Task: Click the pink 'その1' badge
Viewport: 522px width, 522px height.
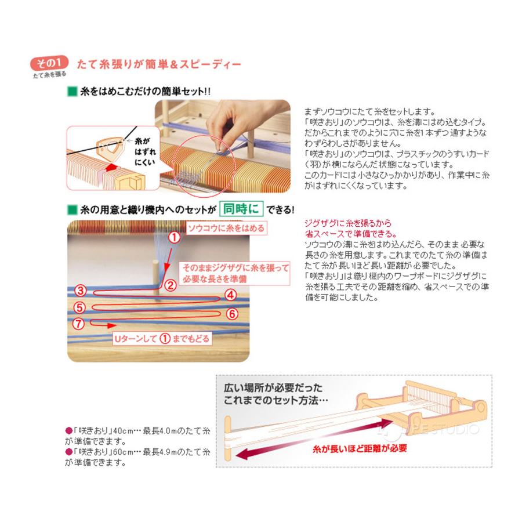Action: tap(50, 62)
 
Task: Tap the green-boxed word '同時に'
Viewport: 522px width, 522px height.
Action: tap(242, 208)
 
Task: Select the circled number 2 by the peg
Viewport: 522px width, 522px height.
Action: tap(170, 285)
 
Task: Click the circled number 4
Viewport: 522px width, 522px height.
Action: tap(230, 295)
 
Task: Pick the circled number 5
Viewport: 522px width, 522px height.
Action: tap(81, 307)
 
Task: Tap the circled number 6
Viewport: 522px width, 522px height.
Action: tap(230, 314)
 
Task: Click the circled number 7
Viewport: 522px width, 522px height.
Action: tap(81, 323)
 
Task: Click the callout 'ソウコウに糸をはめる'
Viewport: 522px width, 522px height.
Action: tap(226, 229)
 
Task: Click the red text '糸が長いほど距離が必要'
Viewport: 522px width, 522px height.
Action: tap(354, 448)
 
